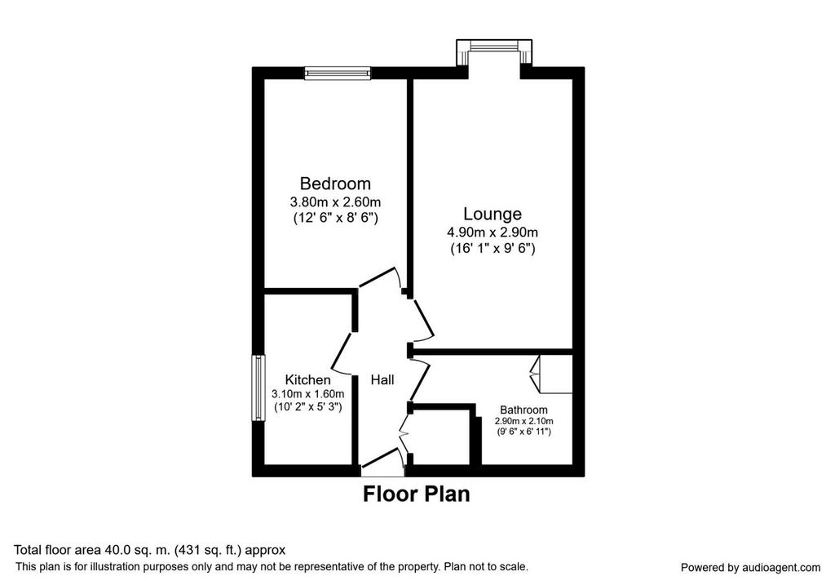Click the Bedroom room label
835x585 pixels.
click(x=335, y=184)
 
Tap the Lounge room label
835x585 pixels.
click(x=492, y=214)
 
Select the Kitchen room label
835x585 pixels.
click(x=307, y=380)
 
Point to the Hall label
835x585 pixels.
click(x=382, y=380)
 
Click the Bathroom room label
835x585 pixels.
click(x=524, y=410)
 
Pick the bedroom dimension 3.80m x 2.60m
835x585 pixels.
click(x=335, y=202)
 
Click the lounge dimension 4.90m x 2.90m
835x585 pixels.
click(x=492, y=233)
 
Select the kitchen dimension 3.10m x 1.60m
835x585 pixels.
click(x=307, y=394)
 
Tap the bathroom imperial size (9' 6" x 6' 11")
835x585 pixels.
click(x=524, y=432)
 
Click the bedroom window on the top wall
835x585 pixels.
click(x=337, y=73)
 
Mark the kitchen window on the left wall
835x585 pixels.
click(x=258, y=388)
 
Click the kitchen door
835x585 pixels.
click(x=342, y=352)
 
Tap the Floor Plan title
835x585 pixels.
click(x=417, y=494)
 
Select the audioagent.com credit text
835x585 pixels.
click(x=750, y=567)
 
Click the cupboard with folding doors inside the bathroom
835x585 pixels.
click(x=551, y=374)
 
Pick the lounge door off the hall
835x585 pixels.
click(x=422, y=320)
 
